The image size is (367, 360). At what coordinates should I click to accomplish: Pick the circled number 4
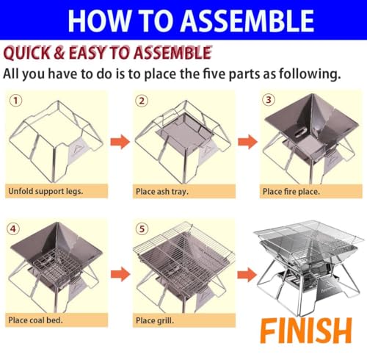(x=13, y=228)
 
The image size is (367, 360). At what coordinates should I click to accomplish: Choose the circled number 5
(x=141, y=228)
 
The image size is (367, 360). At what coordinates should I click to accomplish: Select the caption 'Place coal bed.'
(x=40, y=320)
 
